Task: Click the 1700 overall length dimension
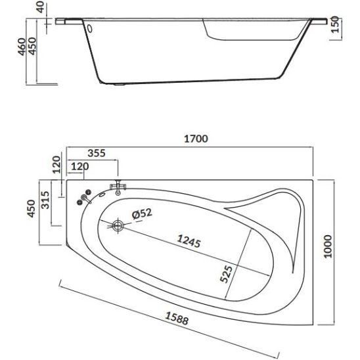pyautogui.click(x=196, y=139)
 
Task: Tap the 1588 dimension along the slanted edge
pyautogui.click(x=177, y=319)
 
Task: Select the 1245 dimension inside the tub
pyautogui.click(x=189, y=241)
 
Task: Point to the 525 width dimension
pyautogui.click(x=226, y=274)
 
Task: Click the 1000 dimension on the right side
pyautogui.click(x=328, y=246)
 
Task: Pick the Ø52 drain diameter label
pyautogui.click(x=142, y=214)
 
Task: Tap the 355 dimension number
pyautogui.click(x=97, y=153)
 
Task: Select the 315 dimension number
pyautogui.click(x=45, y=200)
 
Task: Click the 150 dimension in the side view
pyautogui.click(x=335, y=25)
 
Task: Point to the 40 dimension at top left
pyautogui.click(x=41, y=7)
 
